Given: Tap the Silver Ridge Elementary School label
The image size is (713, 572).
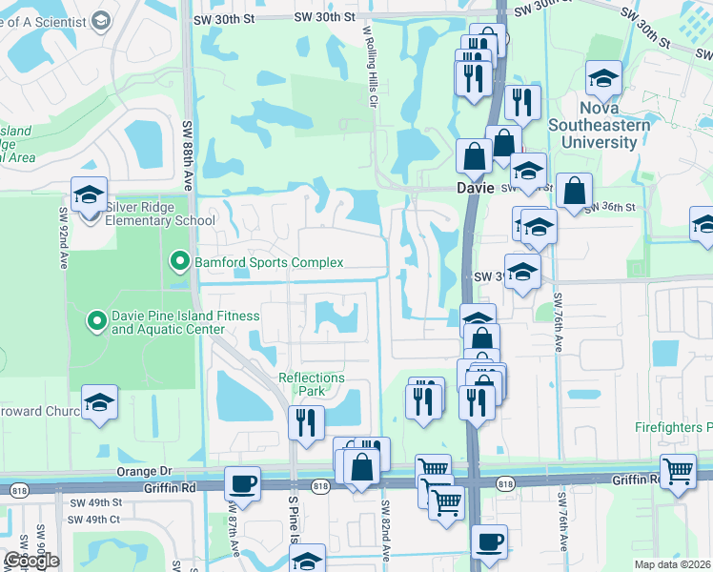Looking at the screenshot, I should (x=161, y=214).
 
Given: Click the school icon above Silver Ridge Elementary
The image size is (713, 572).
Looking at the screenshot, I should (x=89, y=195).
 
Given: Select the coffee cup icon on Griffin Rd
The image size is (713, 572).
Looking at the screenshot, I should (x=242, y=483).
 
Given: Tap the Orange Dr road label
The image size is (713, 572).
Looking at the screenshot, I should (x=144, y=471).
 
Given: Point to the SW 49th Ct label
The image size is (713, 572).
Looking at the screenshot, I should (x=89, y=520).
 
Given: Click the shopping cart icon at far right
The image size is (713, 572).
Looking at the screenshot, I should (x=677, y=471).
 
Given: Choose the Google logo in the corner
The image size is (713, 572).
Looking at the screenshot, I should (x=31, y=560).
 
